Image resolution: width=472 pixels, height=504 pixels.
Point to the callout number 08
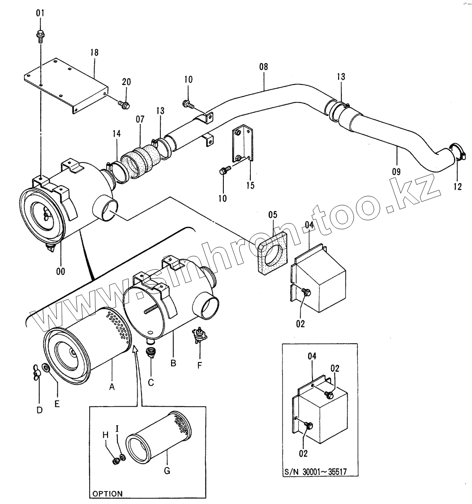click(263, 66)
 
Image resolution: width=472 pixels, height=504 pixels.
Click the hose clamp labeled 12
click(458, 154)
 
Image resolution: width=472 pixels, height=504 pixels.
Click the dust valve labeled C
click(151, 353)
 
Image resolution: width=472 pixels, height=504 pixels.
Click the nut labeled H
click(115, 462)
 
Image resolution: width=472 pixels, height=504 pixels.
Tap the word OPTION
click(107, 494)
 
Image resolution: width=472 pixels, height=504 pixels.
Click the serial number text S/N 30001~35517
click(315, 472)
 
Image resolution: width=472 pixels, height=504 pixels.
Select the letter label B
click(173, 363)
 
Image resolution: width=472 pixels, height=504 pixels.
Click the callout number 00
click(60, 271)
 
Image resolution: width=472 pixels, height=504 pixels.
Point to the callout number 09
click(396, 172)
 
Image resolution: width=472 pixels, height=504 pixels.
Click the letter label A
click(112, 386)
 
